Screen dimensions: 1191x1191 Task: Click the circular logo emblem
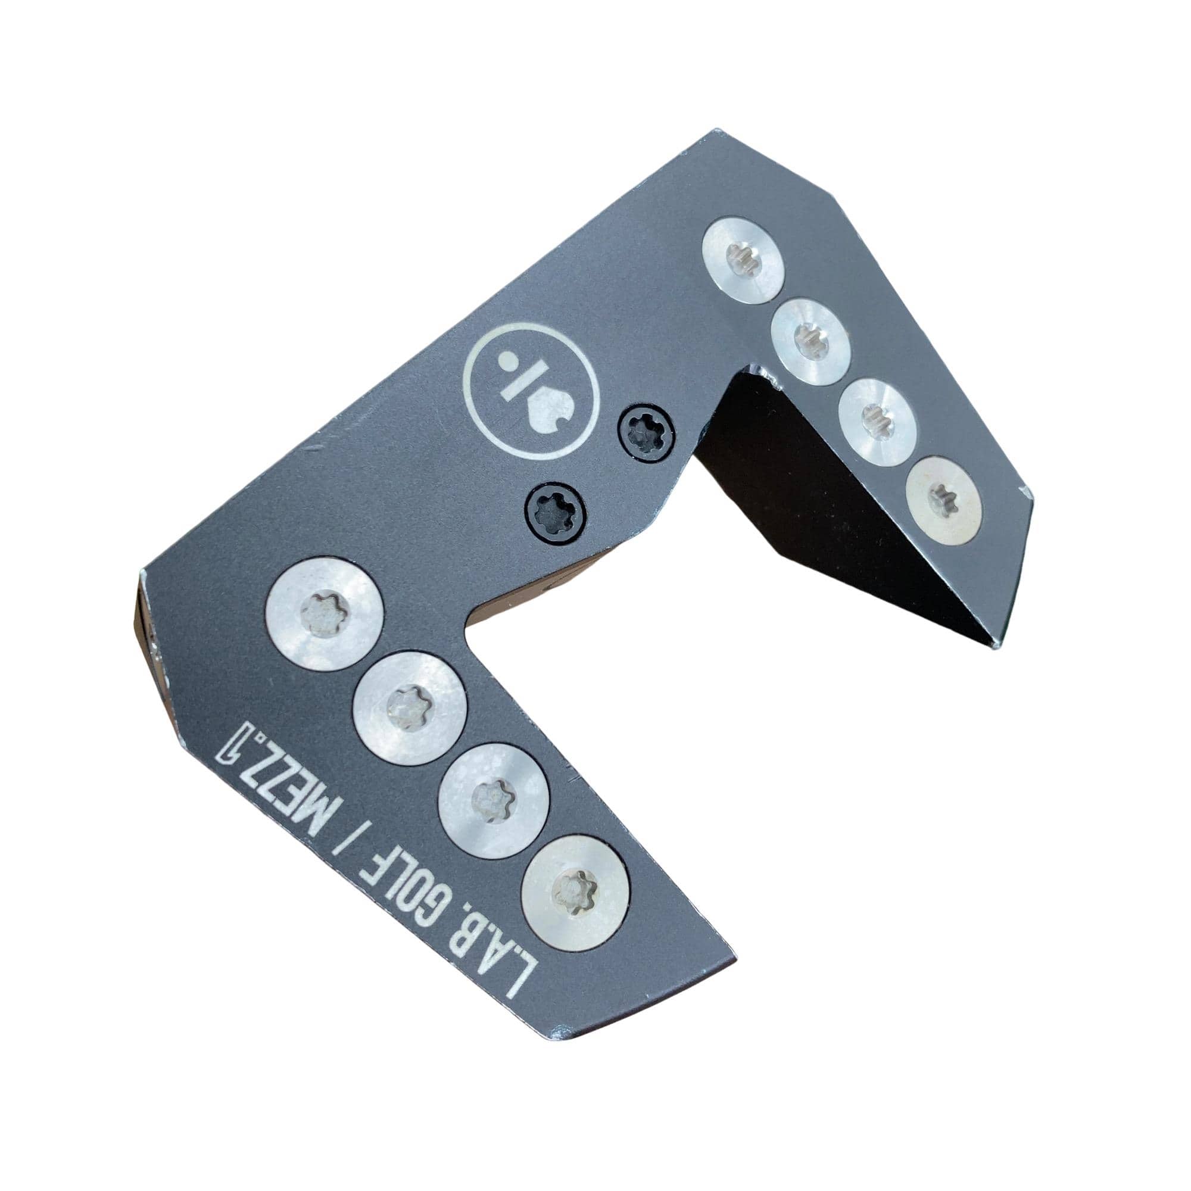pyautogui.click(x=529, y=393)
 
